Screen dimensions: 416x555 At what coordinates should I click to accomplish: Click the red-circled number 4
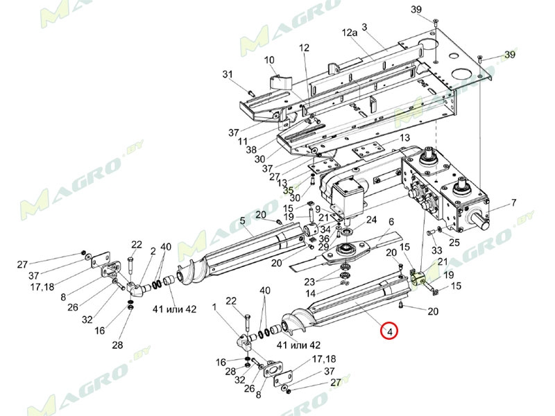(x=390, y=332)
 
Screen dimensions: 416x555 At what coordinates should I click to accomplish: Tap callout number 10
(x=269, y=60)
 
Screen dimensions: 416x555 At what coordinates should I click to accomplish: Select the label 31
(x=227, y=75)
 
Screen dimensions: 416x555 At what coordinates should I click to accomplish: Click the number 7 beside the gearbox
(x=514, y=202)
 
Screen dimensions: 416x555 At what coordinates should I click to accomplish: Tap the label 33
(x=436, y=250)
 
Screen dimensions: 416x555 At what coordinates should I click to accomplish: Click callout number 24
(x=371, y=220)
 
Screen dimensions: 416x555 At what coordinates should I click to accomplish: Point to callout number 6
(x=391, y=222)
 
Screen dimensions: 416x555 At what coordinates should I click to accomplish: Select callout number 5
(x=243, y=222)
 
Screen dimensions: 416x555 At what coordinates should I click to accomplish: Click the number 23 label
(x=310, y=281)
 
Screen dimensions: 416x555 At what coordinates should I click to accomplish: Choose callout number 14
(x=311, y=294)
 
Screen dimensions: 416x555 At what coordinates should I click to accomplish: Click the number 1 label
(x=214, y=306)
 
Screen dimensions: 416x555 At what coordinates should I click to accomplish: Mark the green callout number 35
(x=287, y=189)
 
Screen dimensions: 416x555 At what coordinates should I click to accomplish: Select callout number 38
(x=251, y=150)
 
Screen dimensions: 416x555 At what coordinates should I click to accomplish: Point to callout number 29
(x=323, y=248)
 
